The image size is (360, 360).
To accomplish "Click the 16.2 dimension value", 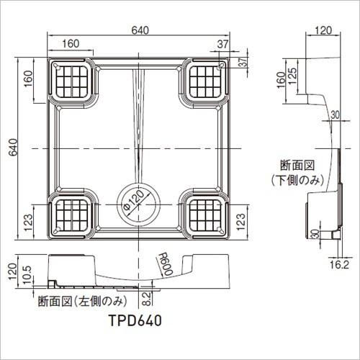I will tap(339, 265).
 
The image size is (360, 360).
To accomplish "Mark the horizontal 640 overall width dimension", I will tap(139, 30).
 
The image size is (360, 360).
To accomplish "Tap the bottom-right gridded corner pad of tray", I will tap(207, 215).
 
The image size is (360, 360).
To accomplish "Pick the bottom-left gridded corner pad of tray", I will tap(71, 215).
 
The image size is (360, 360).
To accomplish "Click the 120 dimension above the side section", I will tap(324, 30).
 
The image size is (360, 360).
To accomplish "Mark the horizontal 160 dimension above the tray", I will tap(71, 44).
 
